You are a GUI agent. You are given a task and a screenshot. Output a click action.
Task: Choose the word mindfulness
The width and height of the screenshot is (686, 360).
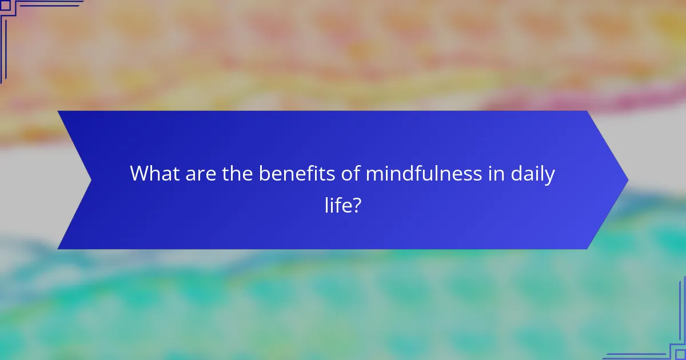(x=424, y=173)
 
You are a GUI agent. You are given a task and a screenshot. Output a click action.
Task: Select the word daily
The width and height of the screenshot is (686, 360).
(x=533, y=174)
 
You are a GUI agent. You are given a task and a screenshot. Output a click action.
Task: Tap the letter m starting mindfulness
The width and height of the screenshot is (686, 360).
(x=374, y=174)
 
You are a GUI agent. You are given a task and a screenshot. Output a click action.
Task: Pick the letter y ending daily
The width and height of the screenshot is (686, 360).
(x=550, y=177)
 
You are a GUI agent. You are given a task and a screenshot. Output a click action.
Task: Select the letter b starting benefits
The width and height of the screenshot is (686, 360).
(x=264, y=173)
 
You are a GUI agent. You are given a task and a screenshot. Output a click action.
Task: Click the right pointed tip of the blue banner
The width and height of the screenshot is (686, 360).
(x=627, y=180)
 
